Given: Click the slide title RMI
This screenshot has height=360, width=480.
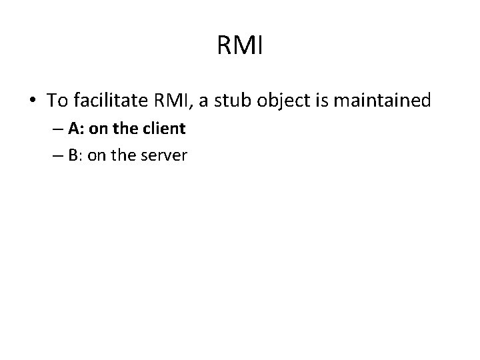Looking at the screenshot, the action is click(241, 47).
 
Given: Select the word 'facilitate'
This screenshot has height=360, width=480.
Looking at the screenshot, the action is click(110, 101).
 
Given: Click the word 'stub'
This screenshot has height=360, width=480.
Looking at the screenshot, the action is click(238, 101).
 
